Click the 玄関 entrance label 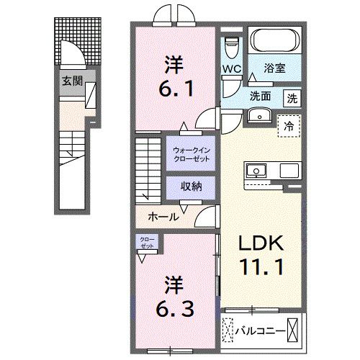[71, 80]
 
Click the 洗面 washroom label [260, 96]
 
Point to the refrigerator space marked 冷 [290, 125]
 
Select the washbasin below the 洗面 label [258, 116]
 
